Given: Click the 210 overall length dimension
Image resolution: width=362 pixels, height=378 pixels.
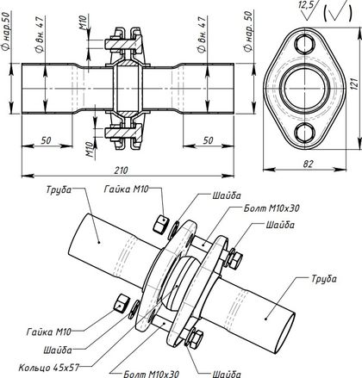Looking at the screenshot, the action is (x=121, y=170).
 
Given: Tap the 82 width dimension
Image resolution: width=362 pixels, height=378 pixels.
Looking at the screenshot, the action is (x=308, y=164).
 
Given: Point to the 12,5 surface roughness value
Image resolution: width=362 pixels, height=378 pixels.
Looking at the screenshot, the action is (x=306, y=5).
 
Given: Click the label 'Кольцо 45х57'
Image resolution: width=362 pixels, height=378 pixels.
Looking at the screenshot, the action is (x=48, y=368).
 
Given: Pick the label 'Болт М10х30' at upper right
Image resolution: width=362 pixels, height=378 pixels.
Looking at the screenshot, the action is (x=271, y=208).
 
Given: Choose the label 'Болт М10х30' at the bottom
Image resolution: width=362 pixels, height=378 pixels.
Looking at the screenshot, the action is (x=151, y=374).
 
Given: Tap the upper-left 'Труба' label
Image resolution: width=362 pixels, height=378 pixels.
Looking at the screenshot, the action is (x=59, y=190).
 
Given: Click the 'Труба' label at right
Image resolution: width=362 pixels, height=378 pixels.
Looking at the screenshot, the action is (x=323, y=279).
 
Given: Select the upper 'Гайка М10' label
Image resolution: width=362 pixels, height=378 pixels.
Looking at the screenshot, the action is (x=127, y=189).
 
